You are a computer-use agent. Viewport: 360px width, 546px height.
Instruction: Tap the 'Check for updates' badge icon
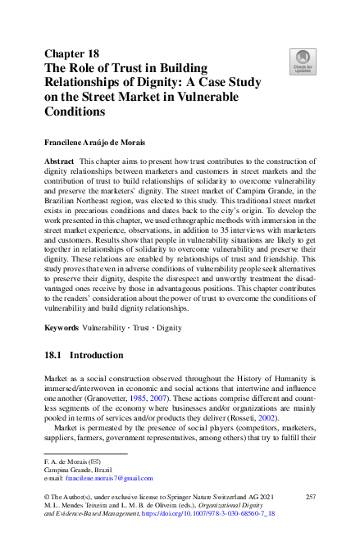click(303, 61)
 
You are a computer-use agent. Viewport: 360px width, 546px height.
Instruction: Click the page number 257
click(310, 498)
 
